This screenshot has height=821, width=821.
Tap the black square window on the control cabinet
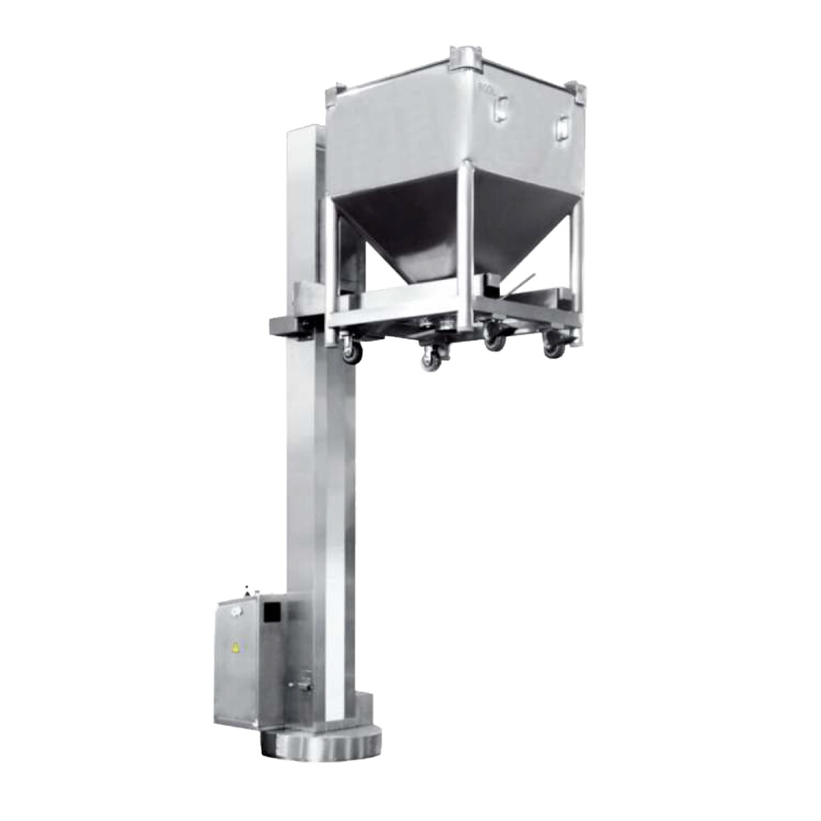pos(271,611)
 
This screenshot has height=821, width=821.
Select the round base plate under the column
pos(321,743)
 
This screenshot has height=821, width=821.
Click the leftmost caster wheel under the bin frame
pos(351,351)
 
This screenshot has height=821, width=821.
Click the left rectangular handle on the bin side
pos(500,108)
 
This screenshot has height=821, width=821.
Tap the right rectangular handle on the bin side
pos(562,127)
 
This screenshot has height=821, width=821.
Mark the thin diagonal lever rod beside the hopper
pos(522,283)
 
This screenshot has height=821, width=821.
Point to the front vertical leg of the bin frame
pos(466,246)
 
